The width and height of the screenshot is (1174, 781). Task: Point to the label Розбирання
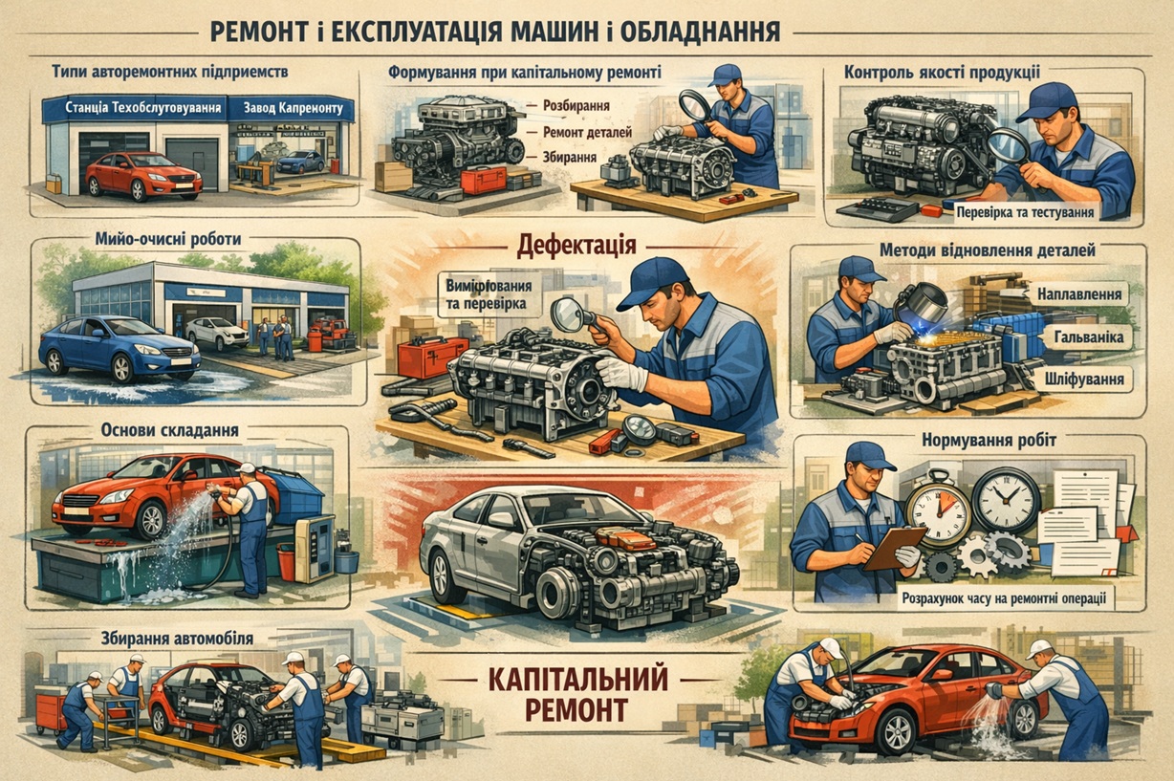click(576, 108)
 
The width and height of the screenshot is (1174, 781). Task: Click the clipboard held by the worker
click(893, 548)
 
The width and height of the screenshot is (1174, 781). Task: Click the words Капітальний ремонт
click(570, 693)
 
